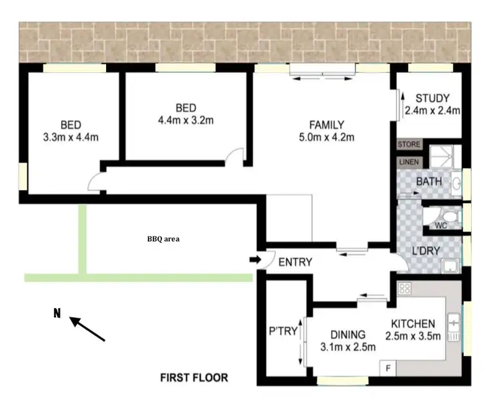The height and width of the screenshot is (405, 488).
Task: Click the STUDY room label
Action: [x=432, y=99]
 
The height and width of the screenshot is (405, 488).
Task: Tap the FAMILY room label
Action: [x=327, y=125]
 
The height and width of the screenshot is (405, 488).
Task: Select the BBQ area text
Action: [x=163, y=239]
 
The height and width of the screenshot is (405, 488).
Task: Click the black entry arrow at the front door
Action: [x=254, y=260]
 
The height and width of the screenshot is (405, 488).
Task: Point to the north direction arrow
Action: [x=87, y=329]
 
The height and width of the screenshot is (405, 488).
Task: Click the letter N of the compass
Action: [x=57, y=314]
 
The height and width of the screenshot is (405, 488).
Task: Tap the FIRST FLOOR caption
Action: [x=195, y=378]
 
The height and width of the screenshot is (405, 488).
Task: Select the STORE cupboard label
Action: [x=409, y=144]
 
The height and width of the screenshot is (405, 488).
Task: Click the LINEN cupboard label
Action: [x=409, y=161]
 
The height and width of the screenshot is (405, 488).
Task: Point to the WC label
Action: [x=441, y=226]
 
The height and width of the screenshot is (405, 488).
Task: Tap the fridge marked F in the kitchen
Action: [x=388, y=368]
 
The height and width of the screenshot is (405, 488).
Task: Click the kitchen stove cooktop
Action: [x=404, y=288]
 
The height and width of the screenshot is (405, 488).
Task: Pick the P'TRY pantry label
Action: [x=283, y=331]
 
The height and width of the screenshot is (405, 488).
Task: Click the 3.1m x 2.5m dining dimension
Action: [x=348, y=347]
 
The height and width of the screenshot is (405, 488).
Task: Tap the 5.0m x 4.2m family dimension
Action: [x=327, y=137]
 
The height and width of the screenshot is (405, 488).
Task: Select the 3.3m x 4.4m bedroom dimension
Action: [x=71, y=137]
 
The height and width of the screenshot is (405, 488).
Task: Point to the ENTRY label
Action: [x=295, y=262]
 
